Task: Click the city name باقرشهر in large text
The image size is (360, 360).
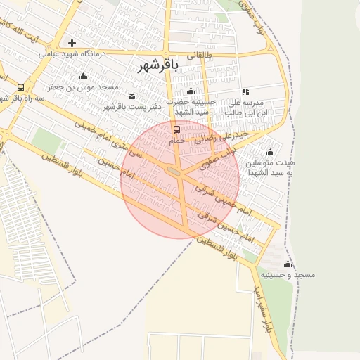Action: (x=155, y=65)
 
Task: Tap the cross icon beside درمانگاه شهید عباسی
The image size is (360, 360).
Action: (x=72, y=44)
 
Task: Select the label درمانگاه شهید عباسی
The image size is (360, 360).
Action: (x=70, y=54)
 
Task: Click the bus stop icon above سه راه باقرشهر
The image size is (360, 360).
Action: (x=20, y=88)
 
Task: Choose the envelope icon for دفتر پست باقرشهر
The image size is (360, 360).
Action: (x=131, y=96)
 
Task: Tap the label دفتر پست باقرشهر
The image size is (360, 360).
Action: (x=132, y=106)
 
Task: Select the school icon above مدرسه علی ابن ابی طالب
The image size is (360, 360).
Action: (x=245, y=91)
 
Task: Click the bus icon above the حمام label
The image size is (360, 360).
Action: (x=176, y=129)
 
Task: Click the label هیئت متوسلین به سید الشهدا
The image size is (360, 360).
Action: (x=269, y=167)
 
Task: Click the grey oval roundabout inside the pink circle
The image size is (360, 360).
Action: (x=174, y=169)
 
